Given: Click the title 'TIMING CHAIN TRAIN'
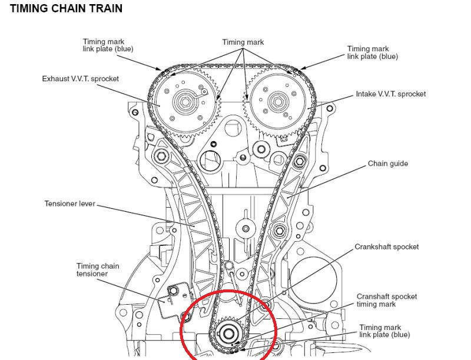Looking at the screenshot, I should (x=66, y=9).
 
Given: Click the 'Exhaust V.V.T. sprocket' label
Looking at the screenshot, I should (x=81, y=78).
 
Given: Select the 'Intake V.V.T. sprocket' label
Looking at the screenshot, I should (x=390, y=94).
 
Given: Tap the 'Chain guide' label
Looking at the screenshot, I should (x=387, y=164).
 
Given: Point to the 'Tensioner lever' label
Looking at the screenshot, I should (x=69, y=204).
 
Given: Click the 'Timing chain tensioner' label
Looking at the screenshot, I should (x=97, y=270).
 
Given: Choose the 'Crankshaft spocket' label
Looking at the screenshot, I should (x=386, y=247).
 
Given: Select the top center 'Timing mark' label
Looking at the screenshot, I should (x=243, y=42).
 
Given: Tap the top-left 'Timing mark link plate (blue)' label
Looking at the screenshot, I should (x=107, y=45).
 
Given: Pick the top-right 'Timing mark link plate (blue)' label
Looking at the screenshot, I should (x=372, y=53).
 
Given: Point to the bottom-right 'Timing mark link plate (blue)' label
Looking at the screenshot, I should (x=384, y=331).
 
